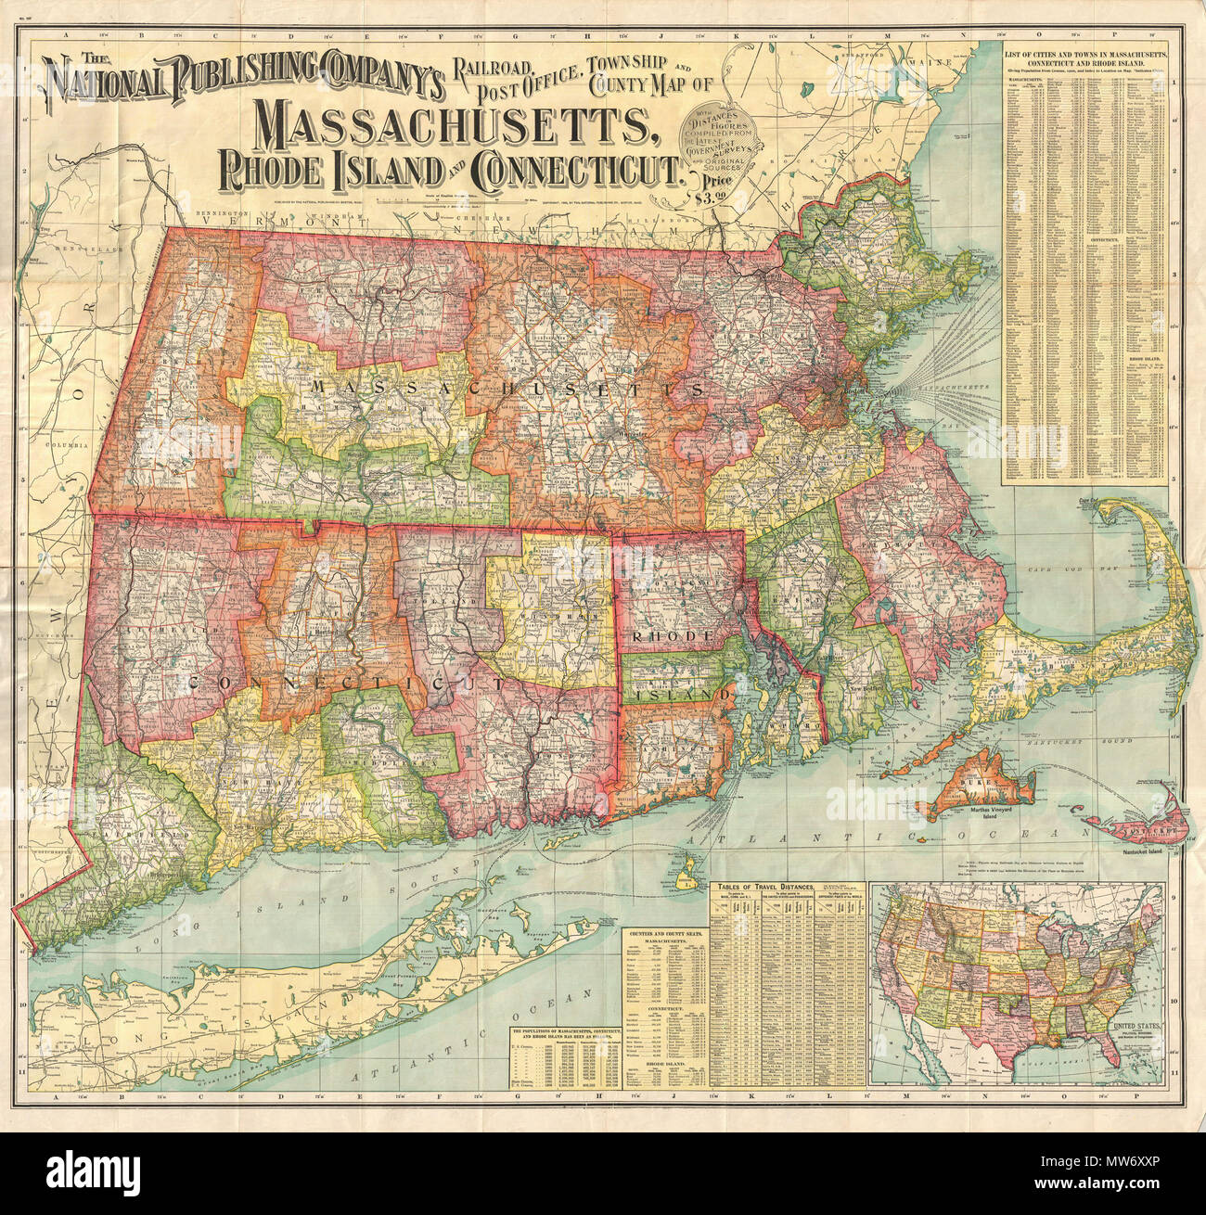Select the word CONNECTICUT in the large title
pyautogui.click(x=574, y=171)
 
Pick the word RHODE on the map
pyautogui.click(x=671, y=636)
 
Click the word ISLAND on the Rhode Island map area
pyautogui.click(x=675, y=693)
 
